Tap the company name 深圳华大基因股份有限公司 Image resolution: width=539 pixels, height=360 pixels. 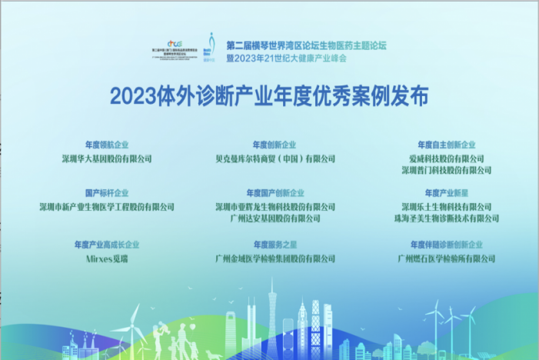(x=107, y=158)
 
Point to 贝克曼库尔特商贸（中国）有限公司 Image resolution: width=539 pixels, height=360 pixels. (x=274, y=158)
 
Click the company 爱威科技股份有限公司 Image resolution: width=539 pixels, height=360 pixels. (x=446, y=158)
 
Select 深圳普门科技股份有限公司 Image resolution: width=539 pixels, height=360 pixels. (x=446, y=170)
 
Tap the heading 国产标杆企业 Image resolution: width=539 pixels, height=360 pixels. (x=107, y=193)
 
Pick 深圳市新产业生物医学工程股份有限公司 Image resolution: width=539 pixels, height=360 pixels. (x=107, y=207)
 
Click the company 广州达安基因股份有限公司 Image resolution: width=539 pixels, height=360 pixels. (x=274, y=218)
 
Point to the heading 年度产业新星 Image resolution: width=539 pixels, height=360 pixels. (x=446, y=193)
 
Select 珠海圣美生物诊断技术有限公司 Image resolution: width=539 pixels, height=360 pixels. (x=446, y=218)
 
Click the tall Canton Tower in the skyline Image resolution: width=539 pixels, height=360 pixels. (x=271, y=315)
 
